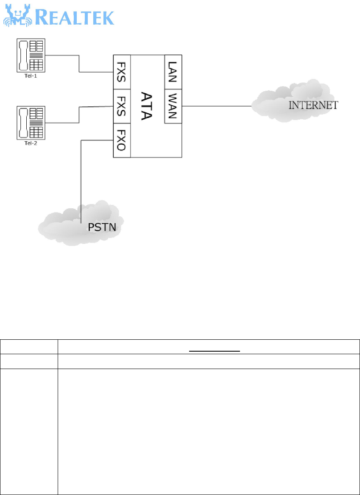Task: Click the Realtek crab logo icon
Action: [x=16, y=16]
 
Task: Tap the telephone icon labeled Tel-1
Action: [x=31, y=55]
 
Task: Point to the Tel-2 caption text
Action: [x=31, y=143]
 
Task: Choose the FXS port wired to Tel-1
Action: [x=122, y=72]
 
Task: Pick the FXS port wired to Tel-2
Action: [x=122, y=106]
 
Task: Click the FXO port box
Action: [x=122, y=140]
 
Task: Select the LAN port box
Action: [x=173, y=72]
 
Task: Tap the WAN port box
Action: [x=173, y=106]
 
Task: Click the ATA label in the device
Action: [x=147, y=106]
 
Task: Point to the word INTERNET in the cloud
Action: [x=313, y=105]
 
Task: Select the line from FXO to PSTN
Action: [x=81, y=178]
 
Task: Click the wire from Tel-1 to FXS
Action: [x=79, y=64]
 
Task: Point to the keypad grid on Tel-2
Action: [x=37, y=131]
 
